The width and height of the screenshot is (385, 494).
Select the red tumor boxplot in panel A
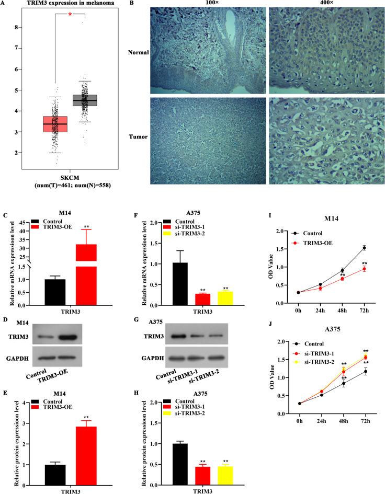coord(55,124)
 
